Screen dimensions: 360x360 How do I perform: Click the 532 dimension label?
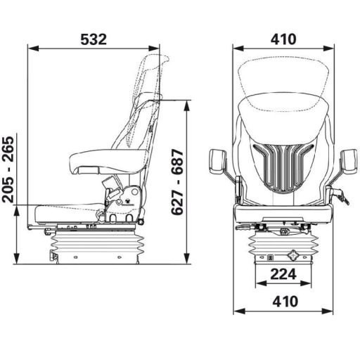[94, 39]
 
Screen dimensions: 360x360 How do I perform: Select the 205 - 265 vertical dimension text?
[9, 169]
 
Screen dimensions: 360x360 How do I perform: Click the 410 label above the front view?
[283, 39]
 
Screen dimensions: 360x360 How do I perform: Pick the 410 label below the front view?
[283, 301]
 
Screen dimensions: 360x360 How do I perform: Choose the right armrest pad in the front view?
[347, 162]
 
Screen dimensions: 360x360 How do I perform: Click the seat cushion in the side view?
[67, 208]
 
